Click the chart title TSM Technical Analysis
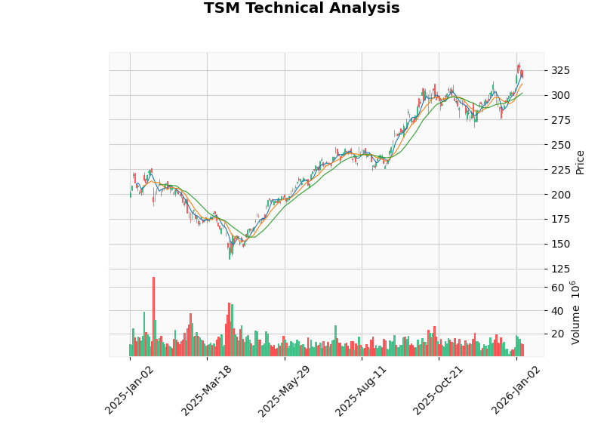(301, 9)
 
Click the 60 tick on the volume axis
(557, 288)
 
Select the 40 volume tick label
(557, 311)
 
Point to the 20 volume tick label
(557, 334)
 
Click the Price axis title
(580, 162)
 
